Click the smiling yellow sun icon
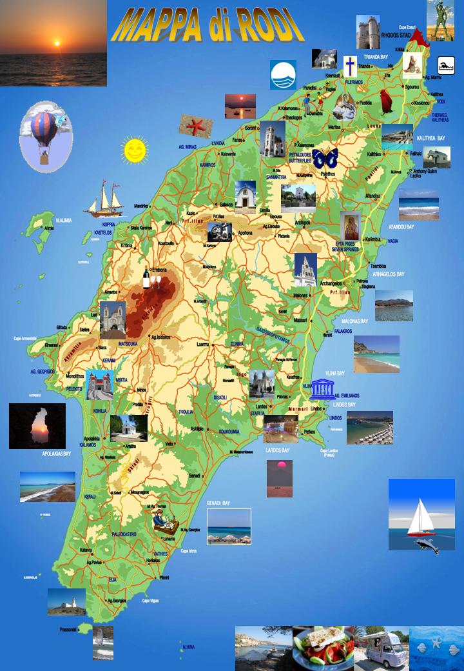click(135, 150)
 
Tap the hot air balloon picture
click(46, 137)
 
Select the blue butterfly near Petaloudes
click(325, 157)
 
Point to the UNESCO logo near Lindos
click(322, 389)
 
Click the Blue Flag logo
click(283, 74)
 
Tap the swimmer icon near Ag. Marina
click(447, 65)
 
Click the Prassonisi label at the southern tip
click(68, 629)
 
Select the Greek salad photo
click(322, 648)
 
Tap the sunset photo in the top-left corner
click(53, 43)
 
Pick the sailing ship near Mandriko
click(104, 198)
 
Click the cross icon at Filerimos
click(349, 66)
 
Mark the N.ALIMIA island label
click(63, 221)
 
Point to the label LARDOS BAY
click(277, 450)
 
